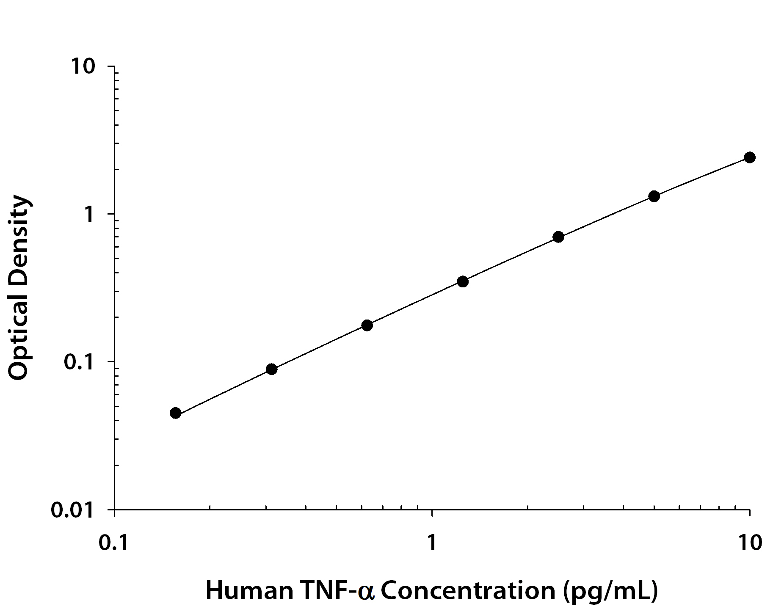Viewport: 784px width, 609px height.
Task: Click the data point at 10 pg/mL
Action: [x=749, y=157]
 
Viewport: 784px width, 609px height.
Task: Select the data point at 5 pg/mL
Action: [x=654, y=196]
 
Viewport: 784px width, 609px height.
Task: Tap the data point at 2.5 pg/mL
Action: [x=558, y=237]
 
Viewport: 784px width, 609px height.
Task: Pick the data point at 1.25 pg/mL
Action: [x=463, y=281]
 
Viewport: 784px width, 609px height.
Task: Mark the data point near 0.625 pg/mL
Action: [x=367, y=325]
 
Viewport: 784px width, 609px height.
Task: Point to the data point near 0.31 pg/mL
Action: [x=272, y=369]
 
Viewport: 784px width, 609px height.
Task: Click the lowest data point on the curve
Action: [x=176, y=413]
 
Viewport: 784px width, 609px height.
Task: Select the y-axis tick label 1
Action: [x=88, y=215]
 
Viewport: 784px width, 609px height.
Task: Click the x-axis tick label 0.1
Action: [x=114, y=543]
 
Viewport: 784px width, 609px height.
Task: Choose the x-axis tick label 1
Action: [x=432, y=543]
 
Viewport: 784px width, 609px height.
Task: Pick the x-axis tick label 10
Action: [x=749, y=543]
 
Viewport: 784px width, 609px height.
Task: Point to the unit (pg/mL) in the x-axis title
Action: [x=611, y=591]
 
